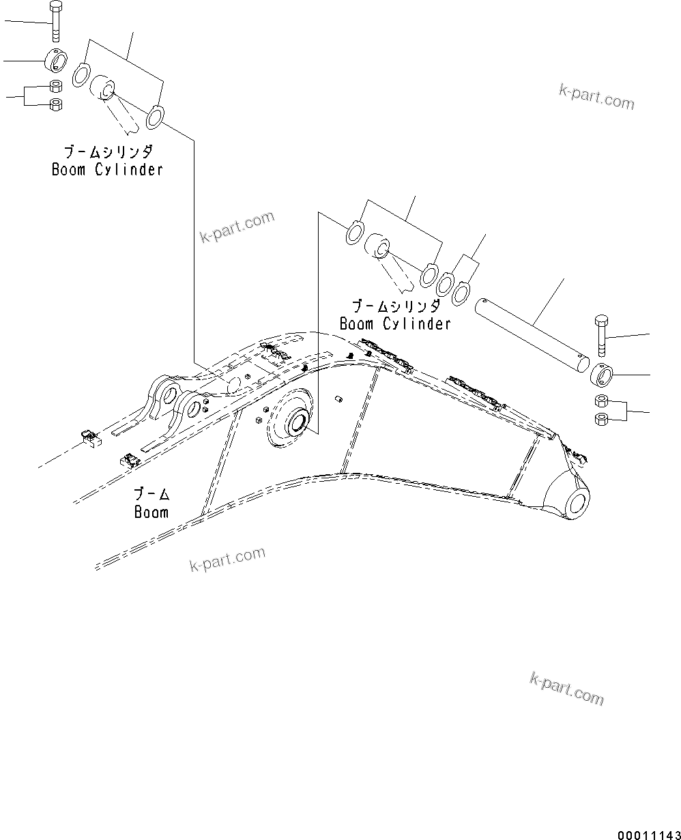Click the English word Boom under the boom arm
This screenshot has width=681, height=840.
pos(151,512)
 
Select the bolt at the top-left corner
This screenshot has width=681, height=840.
pos(55,22)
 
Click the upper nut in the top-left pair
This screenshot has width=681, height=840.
pos(57,87)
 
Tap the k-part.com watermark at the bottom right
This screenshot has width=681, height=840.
pos(566,688)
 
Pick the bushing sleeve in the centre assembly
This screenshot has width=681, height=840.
pos(377,247)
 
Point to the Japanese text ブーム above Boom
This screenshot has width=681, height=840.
pos(151,494)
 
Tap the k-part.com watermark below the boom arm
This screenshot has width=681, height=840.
pos(227,559)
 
